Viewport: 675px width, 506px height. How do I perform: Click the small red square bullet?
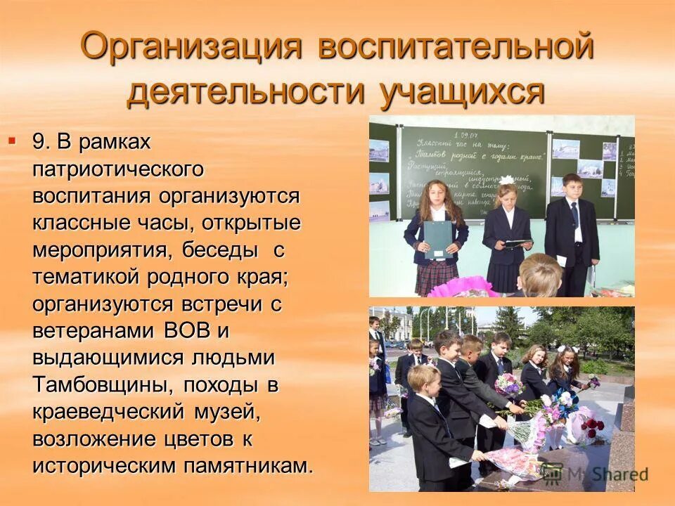pos(11,141)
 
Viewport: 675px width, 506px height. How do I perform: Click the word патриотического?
pos(118,169)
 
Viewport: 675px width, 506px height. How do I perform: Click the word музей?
pos(224,413)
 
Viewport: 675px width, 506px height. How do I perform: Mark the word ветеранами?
pos(95,330)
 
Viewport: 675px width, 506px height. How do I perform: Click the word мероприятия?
pos(101,250)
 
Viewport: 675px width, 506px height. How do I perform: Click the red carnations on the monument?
pos(592,426)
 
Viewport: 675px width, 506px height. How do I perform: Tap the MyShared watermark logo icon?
pos(554,473)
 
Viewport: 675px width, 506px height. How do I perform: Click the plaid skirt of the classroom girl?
pos(437,278)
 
